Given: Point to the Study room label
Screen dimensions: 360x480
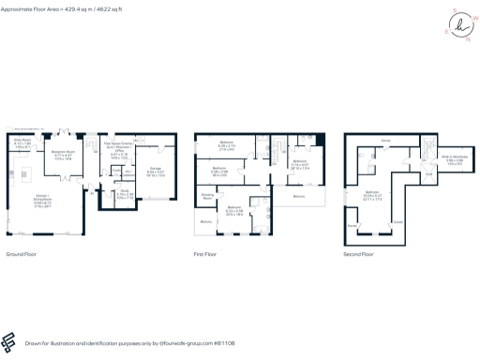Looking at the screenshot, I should (127, 194).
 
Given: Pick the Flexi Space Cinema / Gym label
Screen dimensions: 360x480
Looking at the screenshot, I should (120, 148).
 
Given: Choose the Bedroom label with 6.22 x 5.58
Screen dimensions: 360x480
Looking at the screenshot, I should (234, 209).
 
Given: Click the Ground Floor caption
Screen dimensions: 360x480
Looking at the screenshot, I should (21, 254).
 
